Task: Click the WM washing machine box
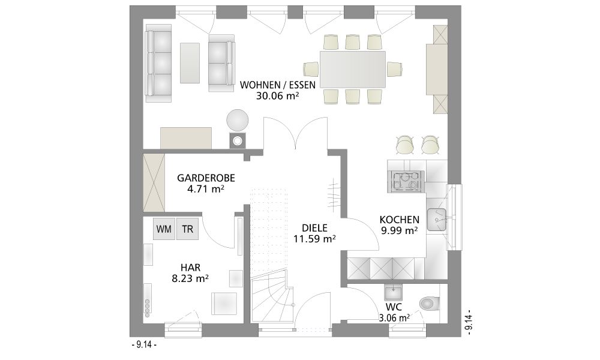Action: pyautogui.click(x=164, y=229)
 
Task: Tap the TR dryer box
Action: pyautogui.click(x=187, y=229)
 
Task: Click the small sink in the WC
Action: pyautogui.click(x=394, y=293)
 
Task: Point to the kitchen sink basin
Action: pyautogui.click(x=437, y=220)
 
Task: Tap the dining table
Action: pyautogui.click(x=353, y=69)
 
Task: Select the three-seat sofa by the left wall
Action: pyautogui.click(x=158, y=67)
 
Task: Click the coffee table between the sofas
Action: pyautogui.click(x=190, y=63)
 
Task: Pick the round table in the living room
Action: pyautogui.click(x=237, y=121)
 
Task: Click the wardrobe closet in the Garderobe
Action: pyautogui.click(x=154, y=183)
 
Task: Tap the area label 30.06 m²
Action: pyautogui.click(x=277, y=95)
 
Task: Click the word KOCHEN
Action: pyautogui.click(x=400, y=220)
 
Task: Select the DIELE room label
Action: pyautogui.click(x=314, y=228)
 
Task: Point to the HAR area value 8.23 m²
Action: pyautogui.click(x=190, y=278)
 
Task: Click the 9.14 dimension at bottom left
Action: pyautogui.click(x=144, y=344)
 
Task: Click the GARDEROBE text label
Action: pyautogui.click(x=206, y=178)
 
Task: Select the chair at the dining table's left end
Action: pyautogui.click(x=311, y=69)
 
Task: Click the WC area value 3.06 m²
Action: pyautogui.click(x=394, y=317)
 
